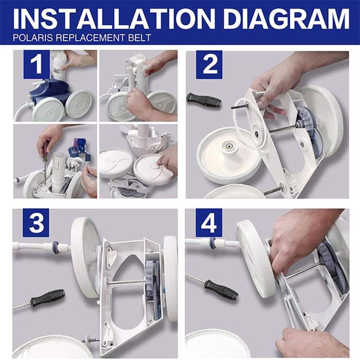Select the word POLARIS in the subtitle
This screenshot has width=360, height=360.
(x=33, y=38)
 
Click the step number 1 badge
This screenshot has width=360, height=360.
(x=37, y=65)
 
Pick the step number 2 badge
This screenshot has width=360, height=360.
(x=209, y=65)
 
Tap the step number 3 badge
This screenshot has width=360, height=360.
(x=36, y=223)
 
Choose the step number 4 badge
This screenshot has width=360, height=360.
(x=209, y=223)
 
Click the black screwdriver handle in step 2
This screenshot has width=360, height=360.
(x=204, y=101)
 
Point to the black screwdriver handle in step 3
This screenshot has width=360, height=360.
(x=48, y=298)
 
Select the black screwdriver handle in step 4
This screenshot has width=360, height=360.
(x=221, y=290)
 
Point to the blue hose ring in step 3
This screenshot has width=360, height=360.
(x=56, y=247)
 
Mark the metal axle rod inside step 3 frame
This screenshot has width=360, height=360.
(x=127, y=282)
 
